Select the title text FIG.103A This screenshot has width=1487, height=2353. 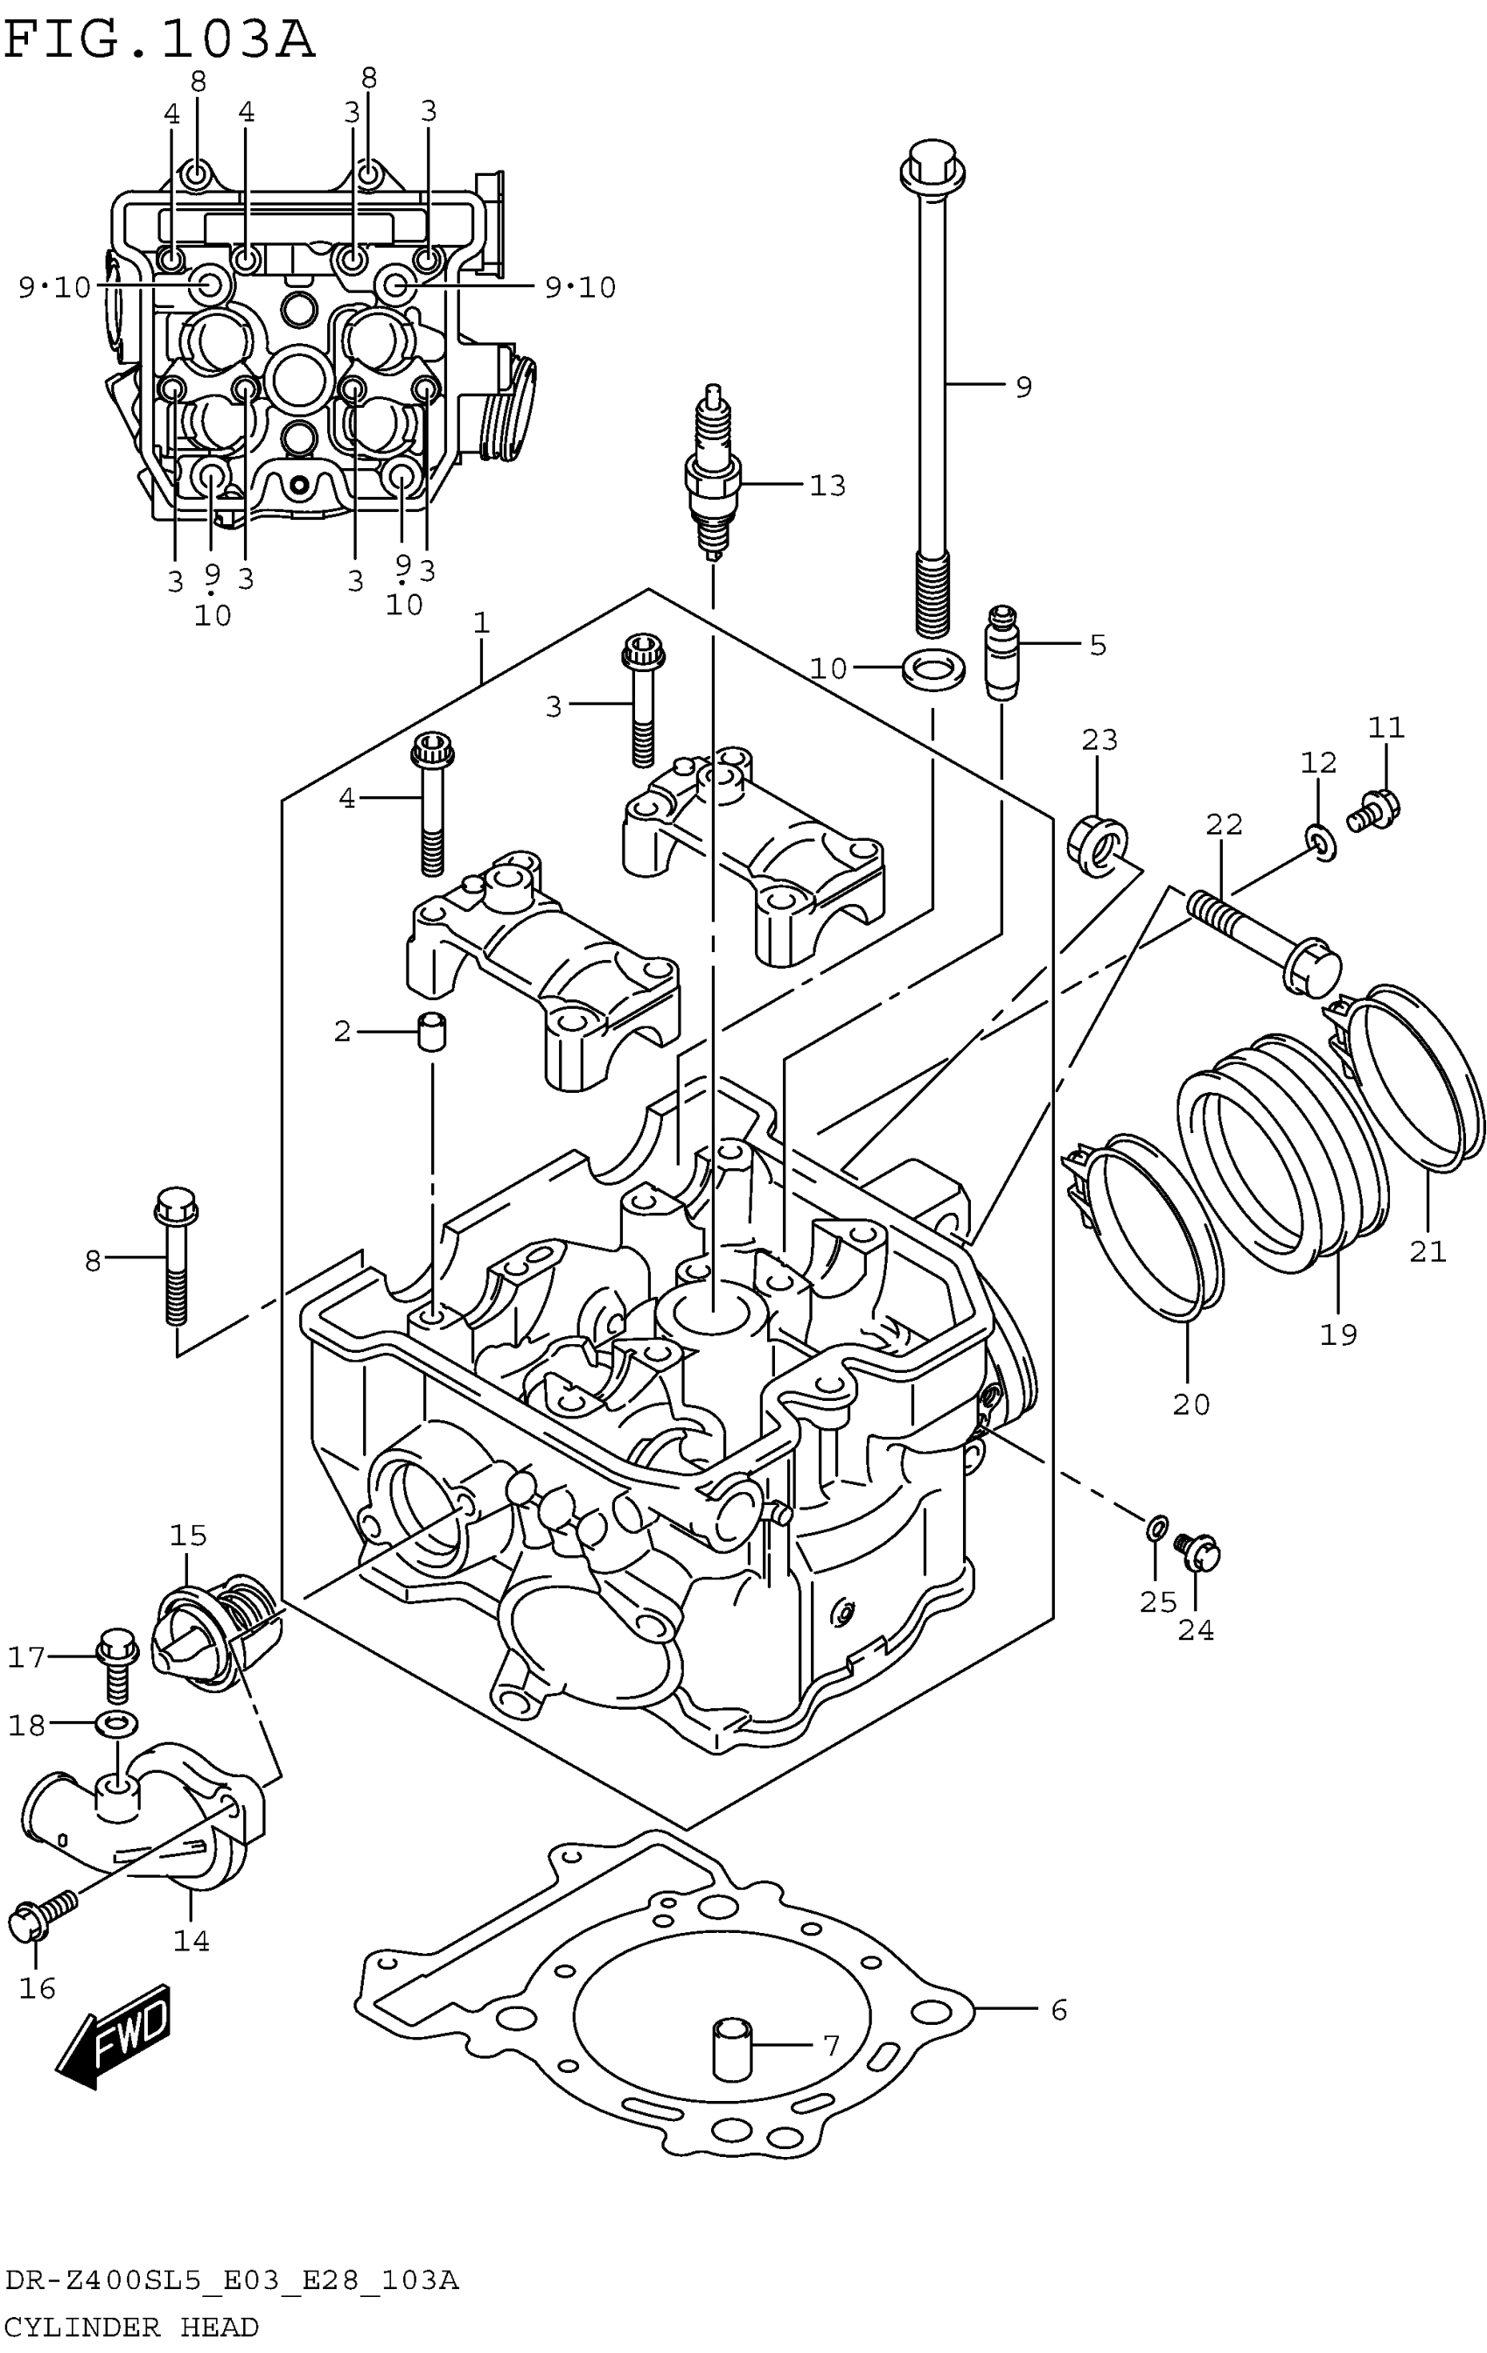[160, 40]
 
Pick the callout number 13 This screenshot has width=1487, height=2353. [827, 485]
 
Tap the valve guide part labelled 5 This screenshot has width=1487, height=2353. [1002, 653]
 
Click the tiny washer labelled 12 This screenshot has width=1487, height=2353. [1321, 840]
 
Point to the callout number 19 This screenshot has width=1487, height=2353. [1338, 1333]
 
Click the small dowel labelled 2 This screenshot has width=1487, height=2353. [432, 1031]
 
